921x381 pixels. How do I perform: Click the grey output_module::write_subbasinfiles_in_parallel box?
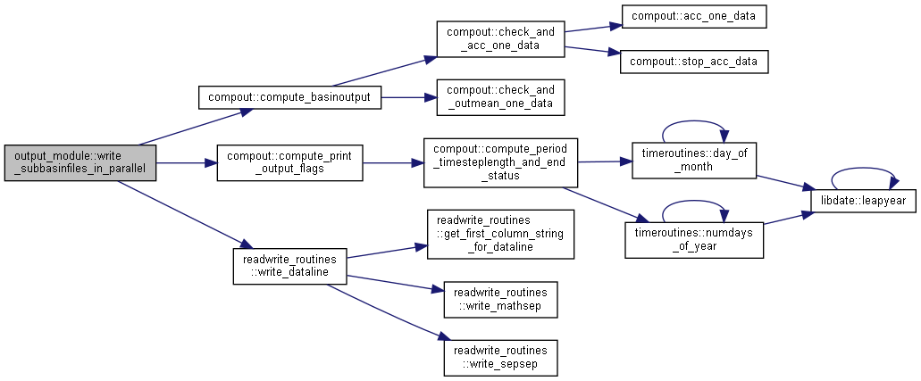tap(80, 163)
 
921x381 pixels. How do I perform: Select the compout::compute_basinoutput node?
tap(289, 97)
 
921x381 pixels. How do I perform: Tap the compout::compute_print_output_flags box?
tap(289, 163)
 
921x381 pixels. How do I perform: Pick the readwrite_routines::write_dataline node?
tap(289, 267)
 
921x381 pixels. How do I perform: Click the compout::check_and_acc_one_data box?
tap(500, 38)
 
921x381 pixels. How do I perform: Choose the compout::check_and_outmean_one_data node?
tap(500, 97)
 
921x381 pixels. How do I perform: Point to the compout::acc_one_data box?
tap(694, 16)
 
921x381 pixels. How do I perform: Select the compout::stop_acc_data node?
tap(694, 62)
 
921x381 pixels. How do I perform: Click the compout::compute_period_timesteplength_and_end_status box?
tap(500, 162)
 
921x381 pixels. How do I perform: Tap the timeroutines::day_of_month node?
tap(694, 160)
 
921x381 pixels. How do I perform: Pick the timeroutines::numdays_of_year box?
tap(694, 239)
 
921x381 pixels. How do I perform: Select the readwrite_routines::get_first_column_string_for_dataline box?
tap(500, 235)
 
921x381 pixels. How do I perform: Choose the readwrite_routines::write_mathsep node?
tap(500, 300)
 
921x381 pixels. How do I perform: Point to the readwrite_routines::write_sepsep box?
tap(500, 358)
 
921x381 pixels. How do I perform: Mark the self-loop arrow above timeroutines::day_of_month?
tap(694, 121)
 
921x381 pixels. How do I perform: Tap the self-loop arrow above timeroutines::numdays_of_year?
tap(694, 202)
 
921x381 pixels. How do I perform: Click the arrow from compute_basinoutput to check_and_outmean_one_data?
tap(409, 97)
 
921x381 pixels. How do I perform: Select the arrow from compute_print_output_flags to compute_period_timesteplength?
tap(393, 163)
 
